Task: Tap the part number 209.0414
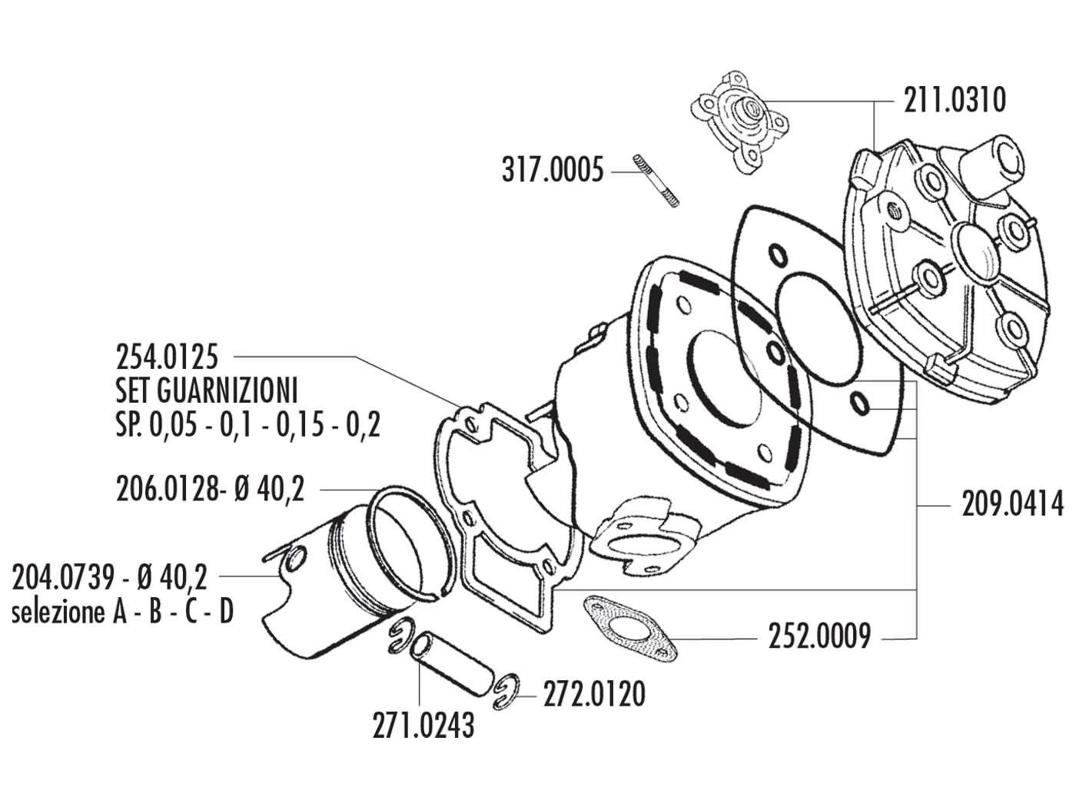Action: point(1012,506)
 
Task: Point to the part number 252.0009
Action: point(819,637)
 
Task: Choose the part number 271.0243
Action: point(424,726)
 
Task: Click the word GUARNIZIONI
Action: point(227,391)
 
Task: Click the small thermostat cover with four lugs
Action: point(730,123)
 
